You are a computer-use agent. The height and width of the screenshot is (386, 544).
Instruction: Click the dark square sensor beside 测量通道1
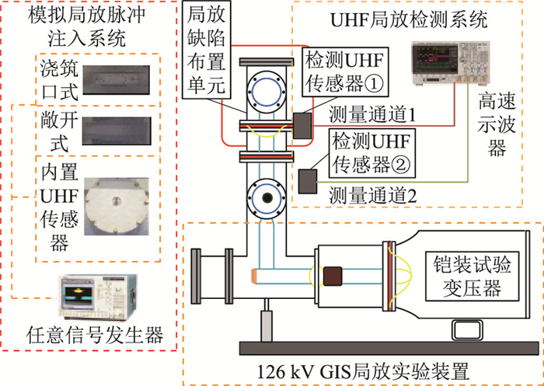(x=302, y=123)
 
